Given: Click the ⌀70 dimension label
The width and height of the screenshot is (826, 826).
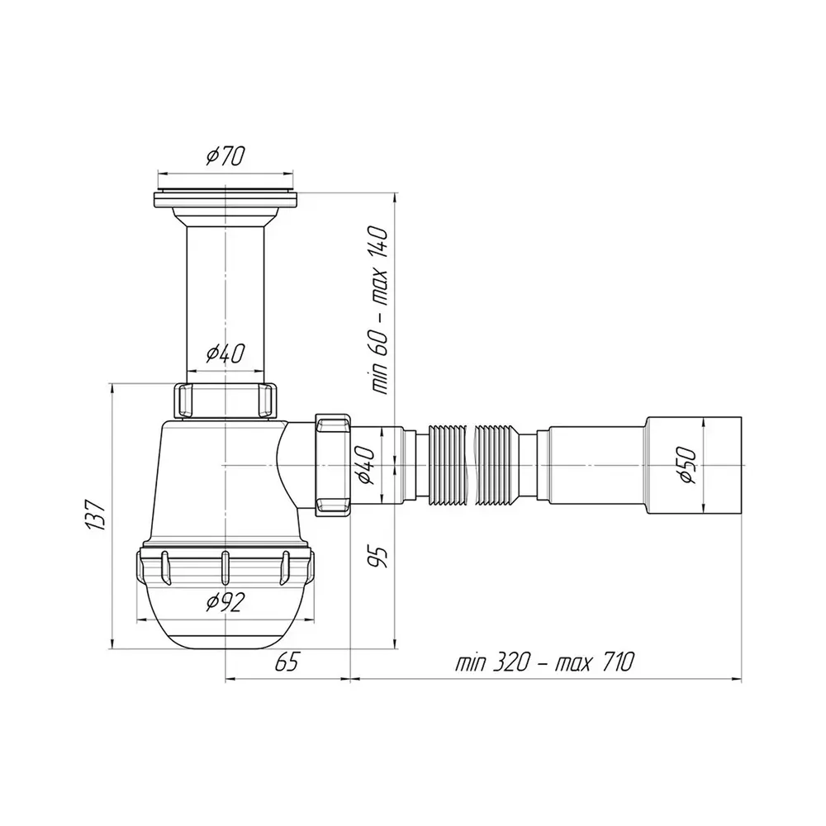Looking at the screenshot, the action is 225,156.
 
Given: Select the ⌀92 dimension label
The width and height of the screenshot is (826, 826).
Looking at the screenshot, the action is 225,602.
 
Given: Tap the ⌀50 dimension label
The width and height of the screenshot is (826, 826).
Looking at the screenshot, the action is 688,465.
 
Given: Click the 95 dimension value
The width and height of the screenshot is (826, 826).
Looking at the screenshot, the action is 378,556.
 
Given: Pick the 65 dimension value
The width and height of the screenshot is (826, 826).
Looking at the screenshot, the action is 287,662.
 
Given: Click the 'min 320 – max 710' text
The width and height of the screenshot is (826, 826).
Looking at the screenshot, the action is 544,662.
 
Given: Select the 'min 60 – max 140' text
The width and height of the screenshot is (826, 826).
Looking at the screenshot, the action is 379,311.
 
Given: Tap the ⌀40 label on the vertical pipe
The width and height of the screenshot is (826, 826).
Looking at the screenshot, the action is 225,354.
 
